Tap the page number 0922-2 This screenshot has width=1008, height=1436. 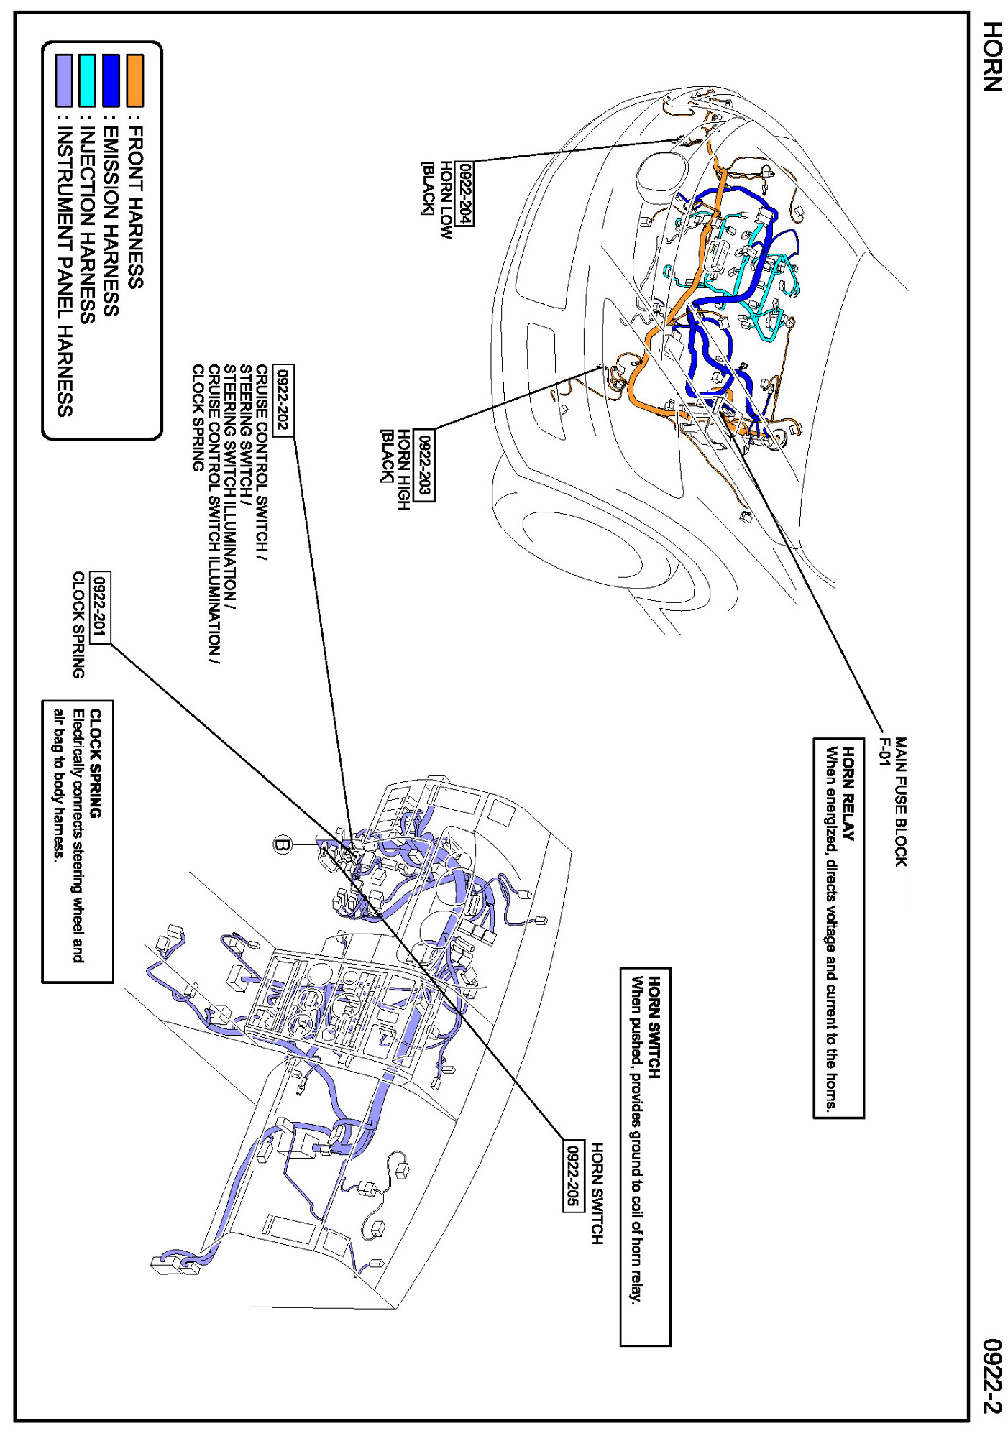point(991,1376)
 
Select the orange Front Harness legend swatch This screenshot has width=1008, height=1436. point(134,80)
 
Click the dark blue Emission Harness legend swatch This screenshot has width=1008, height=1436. point(111,80)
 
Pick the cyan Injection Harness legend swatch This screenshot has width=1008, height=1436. point(87,80)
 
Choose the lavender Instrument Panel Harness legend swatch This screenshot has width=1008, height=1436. point(63,80)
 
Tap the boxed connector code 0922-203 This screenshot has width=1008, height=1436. point(425,465)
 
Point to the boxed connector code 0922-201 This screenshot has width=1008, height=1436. point(101,607)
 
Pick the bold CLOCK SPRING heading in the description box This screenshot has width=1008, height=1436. point(96,763)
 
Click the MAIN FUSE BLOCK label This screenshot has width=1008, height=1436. point(900,801)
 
